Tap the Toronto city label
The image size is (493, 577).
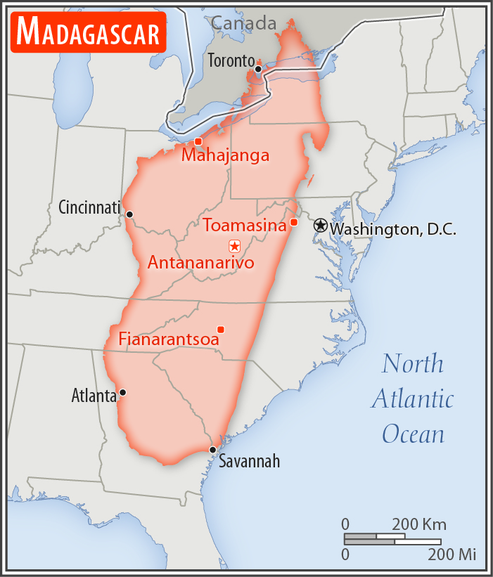pyautogui.click(x=230, y=60)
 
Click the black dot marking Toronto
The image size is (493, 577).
pyautogui.click(x=258, y=69)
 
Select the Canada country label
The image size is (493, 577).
pyautogui.click(x=244, y=23)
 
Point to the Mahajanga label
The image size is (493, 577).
pyautogui.click(x=225, y=155)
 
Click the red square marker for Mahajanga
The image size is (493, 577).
pyautogui.click(x=198, y=141)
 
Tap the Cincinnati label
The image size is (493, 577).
pyautogui.click(x=90, y=208)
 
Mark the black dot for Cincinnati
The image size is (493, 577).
pyautogui.click(x=129, y=214)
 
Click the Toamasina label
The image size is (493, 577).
pyautogui.click(x=245, y=226)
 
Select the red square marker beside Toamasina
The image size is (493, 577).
pyautogui.click(x=294, y=223)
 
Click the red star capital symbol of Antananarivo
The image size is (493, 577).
pyautogui.click(x=234, y=246)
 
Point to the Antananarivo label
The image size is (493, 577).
pyautogui.click(x=200, y=263)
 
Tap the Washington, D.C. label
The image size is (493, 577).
pyautogui.click(x=393, y=229)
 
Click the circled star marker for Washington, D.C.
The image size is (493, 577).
pyautogui.click(x=321, y=226)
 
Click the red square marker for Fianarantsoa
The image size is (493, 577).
pyautogui.click(x=221, y=330)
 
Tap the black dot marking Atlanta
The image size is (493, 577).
pyautogui.click(x=123, y=392)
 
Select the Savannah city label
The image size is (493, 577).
pyautogui.click(x=249, y=462)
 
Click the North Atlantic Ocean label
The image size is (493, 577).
pyautogui.click(x=413, y=398)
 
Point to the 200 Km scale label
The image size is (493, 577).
pyautogui.click(x=419, y=525)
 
